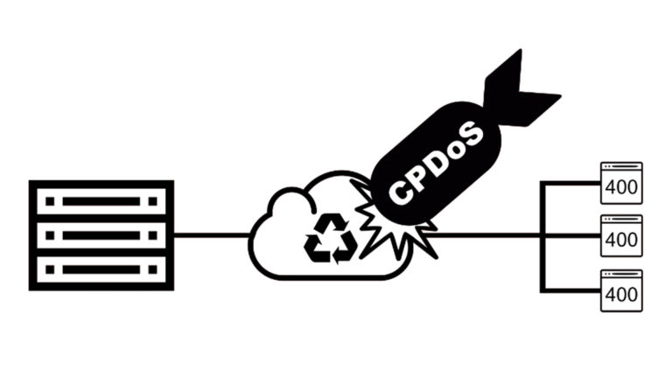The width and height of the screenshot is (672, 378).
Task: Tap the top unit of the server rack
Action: click(101, 200)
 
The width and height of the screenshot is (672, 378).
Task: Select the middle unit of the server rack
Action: click(101, 234)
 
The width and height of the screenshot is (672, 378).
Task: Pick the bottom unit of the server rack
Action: click(101, 269)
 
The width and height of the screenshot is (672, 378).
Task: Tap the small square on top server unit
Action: click(50, 200)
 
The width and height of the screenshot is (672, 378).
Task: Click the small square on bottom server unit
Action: click(50, 269)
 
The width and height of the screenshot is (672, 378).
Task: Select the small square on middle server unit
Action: click(50, 234)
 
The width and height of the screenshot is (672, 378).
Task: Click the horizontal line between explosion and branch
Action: click(486, 234)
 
